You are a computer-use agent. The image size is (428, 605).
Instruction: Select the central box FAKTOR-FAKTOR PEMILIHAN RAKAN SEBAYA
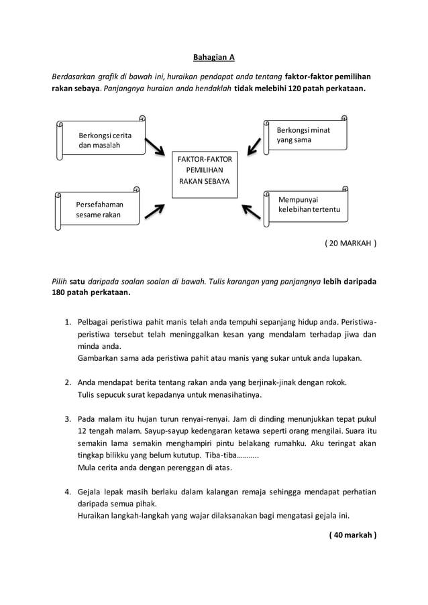tap(205, 170)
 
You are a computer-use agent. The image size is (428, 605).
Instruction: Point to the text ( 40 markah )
tap(353, 535)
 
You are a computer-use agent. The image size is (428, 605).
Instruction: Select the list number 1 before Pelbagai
tap(68, 322)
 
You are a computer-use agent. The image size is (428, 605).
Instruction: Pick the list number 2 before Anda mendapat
tap(68, 383)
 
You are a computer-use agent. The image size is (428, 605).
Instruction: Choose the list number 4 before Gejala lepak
tap(68, 492)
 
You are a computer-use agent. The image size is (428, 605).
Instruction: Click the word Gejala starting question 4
tap(91, 492)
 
